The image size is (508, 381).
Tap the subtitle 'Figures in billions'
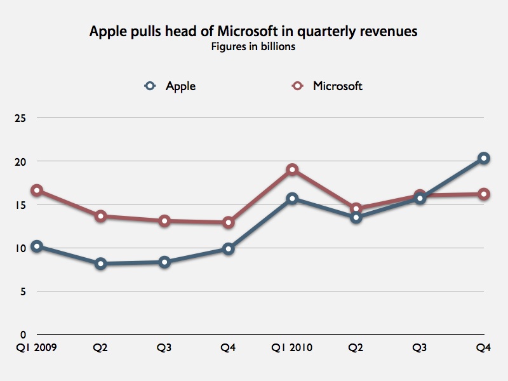point(253,47)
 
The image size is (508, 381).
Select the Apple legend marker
point(150,86)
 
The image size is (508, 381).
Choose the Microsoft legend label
point(337,86)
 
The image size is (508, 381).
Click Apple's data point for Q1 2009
point(37,246)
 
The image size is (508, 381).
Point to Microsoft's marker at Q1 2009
point(37,190)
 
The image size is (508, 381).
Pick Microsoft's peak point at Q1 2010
point(292,170)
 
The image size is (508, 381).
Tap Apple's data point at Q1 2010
point(292,199)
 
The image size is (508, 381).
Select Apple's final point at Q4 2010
point(484,158)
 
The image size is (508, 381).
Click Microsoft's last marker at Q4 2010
point(484,194)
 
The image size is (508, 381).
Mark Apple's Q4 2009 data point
point(228,249)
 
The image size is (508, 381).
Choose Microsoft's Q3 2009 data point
point(164,221)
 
